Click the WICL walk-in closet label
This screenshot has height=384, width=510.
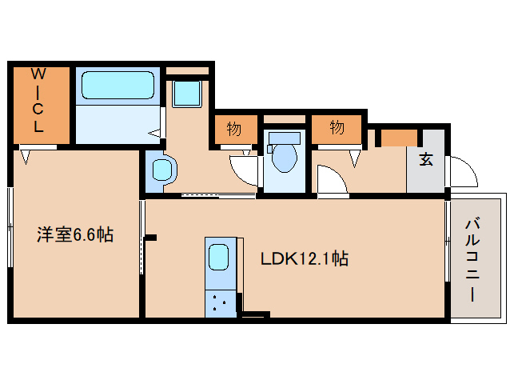38,99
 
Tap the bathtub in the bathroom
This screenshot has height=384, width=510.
118,86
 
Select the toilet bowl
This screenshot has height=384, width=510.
285,158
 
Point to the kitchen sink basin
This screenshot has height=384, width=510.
218,257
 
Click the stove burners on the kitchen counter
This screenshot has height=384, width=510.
219,302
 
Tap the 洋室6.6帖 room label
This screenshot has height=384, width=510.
75,234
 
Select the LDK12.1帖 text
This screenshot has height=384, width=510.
305,259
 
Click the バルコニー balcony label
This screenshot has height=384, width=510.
473,260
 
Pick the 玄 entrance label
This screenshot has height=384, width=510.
426,159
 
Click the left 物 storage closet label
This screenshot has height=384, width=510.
234,129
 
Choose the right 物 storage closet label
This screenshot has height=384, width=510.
337,127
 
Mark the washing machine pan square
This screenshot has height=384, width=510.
187,94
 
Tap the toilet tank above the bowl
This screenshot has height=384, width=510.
285,138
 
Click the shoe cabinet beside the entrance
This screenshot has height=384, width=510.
399,138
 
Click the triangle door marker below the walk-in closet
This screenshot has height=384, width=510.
26,157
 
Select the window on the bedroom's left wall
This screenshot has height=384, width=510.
10,227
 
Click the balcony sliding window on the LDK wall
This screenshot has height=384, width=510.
448,241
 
